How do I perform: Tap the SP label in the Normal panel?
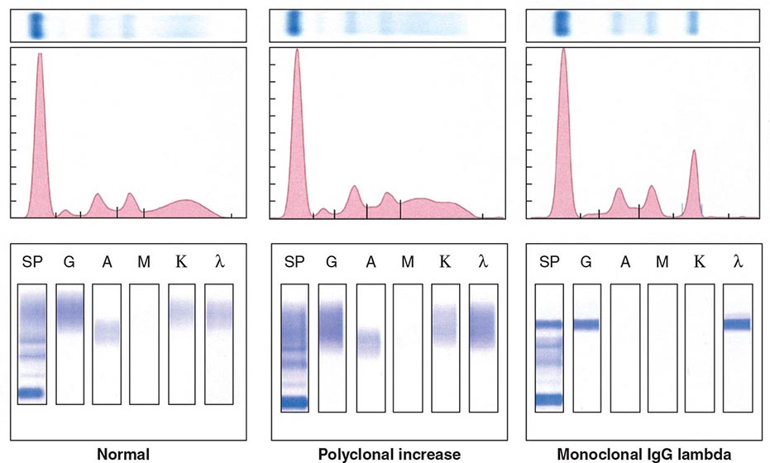tap(31, 263)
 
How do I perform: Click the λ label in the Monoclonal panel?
tap(737, 263)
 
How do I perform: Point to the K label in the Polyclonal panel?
tap(444, 263)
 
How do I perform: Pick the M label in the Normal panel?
tap(144, 263)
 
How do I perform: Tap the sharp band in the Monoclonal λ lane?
tap(736, 324)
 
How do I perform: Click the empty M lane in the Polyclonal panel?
tap(408, 343)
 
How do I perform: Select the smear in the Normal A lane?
tap(106, 332)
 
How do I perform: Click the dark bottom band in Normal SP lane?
tap(31, 393)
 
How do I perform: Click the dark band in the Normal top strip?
tap(36, 26)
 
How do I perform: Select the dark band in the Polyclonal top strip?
tap(292, 25)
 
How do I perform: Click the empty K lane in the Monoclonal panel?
tap(700, 343)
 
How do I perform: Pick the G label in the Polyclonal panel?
tap(332, 263)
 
